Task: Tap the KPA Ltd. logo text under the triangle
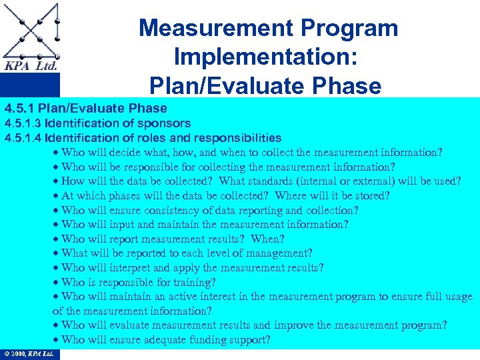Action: click(x=30, y=66)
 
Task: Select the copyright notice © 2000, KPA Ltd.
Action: click(x=29, y=354)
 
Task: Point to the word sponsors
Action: click(x=163, y=123)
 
